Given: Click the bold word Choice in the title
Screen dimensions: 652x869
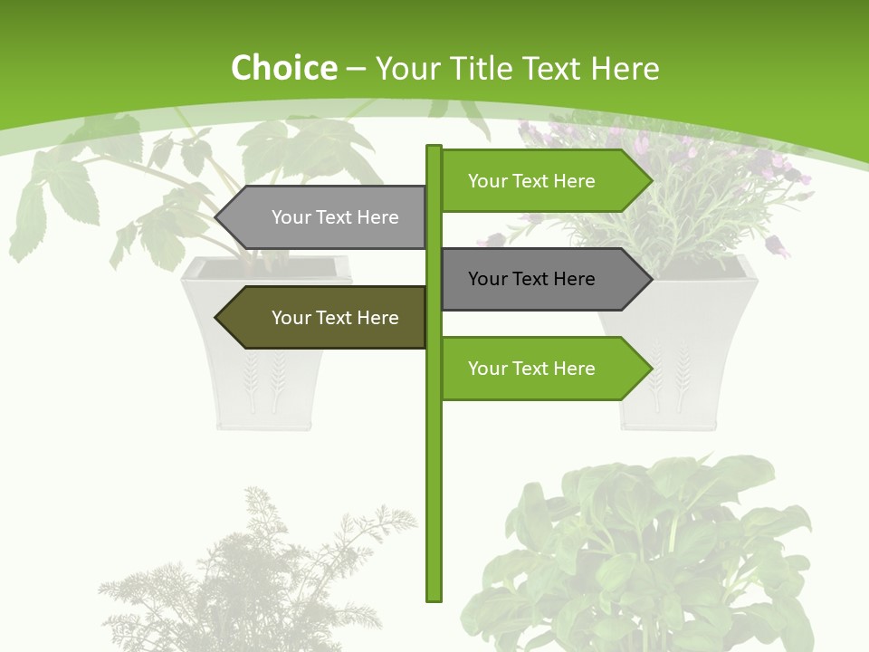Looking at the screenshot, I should (x=283, y=69).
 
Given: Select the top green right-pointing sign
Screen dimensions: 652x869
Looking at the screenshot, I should (x=534, y=181).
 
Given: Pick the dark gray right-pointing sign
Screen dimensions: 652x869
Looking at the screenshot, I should (x=534, y=279).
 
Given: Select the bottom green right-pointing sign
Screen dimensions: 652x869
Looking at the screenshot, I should (x=534, y=369).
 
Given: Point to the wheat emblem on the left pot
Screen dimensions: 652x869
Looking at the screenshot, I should (x=263, y=385).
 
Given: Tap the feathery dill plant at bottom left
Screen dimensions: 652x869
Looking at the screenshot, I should (x=253, y=580).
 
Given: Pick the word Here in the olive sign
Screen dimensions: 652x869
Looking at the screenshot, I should (x=378, y=318).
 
